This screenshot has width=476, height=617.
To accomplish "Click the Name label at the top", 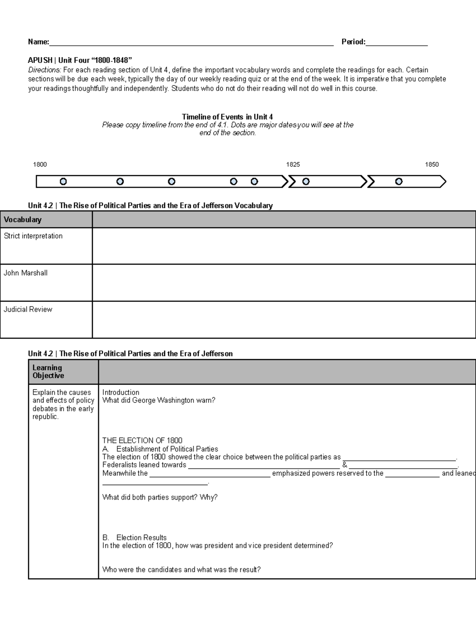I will (38, 42).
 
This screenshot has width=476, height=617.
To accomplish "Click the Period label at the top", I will (353, 42).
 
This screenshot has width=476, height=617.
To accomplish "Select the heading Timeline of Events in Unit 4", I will (227, 117).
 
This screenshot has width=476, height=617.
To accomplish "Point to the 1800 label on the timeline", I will (40, 164).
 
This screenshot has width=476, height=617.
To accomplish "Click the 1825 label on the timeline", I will (293, 164).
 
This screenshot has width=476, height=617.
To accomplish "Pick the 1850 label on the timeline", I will (432, 164).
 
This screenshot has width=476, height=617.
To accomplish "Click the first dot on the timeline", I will (63, 182).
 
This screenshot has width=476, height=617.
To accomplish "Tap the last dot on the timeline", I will (399, 182).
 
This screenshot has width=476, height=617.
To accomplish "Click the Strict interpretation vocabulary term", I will (33, 236).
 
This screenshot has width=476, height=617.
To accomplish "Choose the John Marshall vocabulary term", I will (26, 273).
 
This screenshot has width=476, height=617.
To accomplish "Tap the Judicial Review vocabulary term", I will (28, 309).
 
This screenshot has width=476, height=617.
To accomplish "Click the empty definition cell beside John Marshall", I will (284, 282).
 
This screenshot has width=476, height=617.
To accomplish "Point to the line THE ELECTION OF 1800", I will (142, 440).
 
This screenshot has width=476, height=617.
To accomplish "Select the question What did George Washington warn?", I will (159, 400).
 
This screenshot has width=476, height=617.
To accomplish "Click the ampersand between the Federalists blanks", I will (344, 465).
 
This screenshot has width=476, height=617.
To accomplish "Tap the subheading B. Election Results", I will (134, 538).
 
